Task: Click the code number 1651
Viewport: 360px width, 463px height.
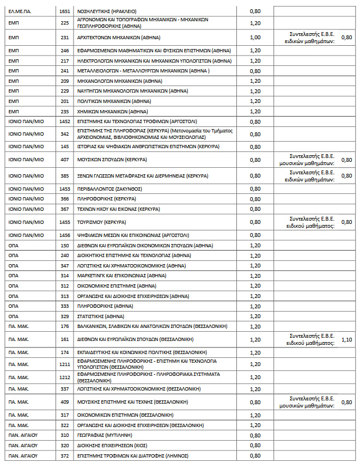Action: click(x=65, y=10)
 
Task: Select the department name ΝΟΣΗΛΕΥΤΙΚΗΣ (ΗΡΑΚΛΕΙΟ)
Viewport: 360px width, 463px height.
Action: click(x=107, y=10)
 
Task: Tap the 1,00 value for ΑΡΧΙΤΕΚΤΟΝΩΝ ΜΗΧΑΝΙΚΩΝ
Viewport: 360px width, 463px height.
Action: click(x=254, y=37)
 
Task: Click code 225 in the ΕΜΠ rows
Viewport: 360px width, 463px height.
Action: click(x=65, y=23)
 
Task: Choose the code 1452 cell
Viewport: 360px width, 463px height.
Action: click(x=65, y=121)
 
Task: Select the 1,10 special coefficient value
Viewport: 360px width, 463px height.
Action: click(x=346, y=339)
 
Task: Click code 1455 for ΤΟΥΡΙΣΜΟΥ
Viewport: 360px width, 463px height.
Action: click(x=65, y=222)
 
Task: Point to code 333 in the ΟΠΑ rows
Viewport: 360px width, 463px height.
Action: click(x=65, y=306)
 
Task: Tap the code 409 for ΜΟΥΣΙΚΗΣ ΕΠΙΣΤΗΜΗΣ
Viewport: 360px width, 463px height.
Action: click(x=65, y=402)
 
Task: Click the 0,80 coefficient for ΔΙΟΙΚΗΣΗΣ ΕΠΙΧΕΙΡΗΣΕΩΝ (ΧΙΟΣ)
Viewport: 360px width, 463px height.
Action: click(x=254, y=445)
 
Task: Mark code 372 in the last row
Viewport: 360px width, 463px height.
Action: click(x=65, y=455)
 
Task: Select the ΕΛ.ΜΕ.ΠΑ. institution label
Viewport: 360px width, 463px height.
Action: click(x=20, y=10)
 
